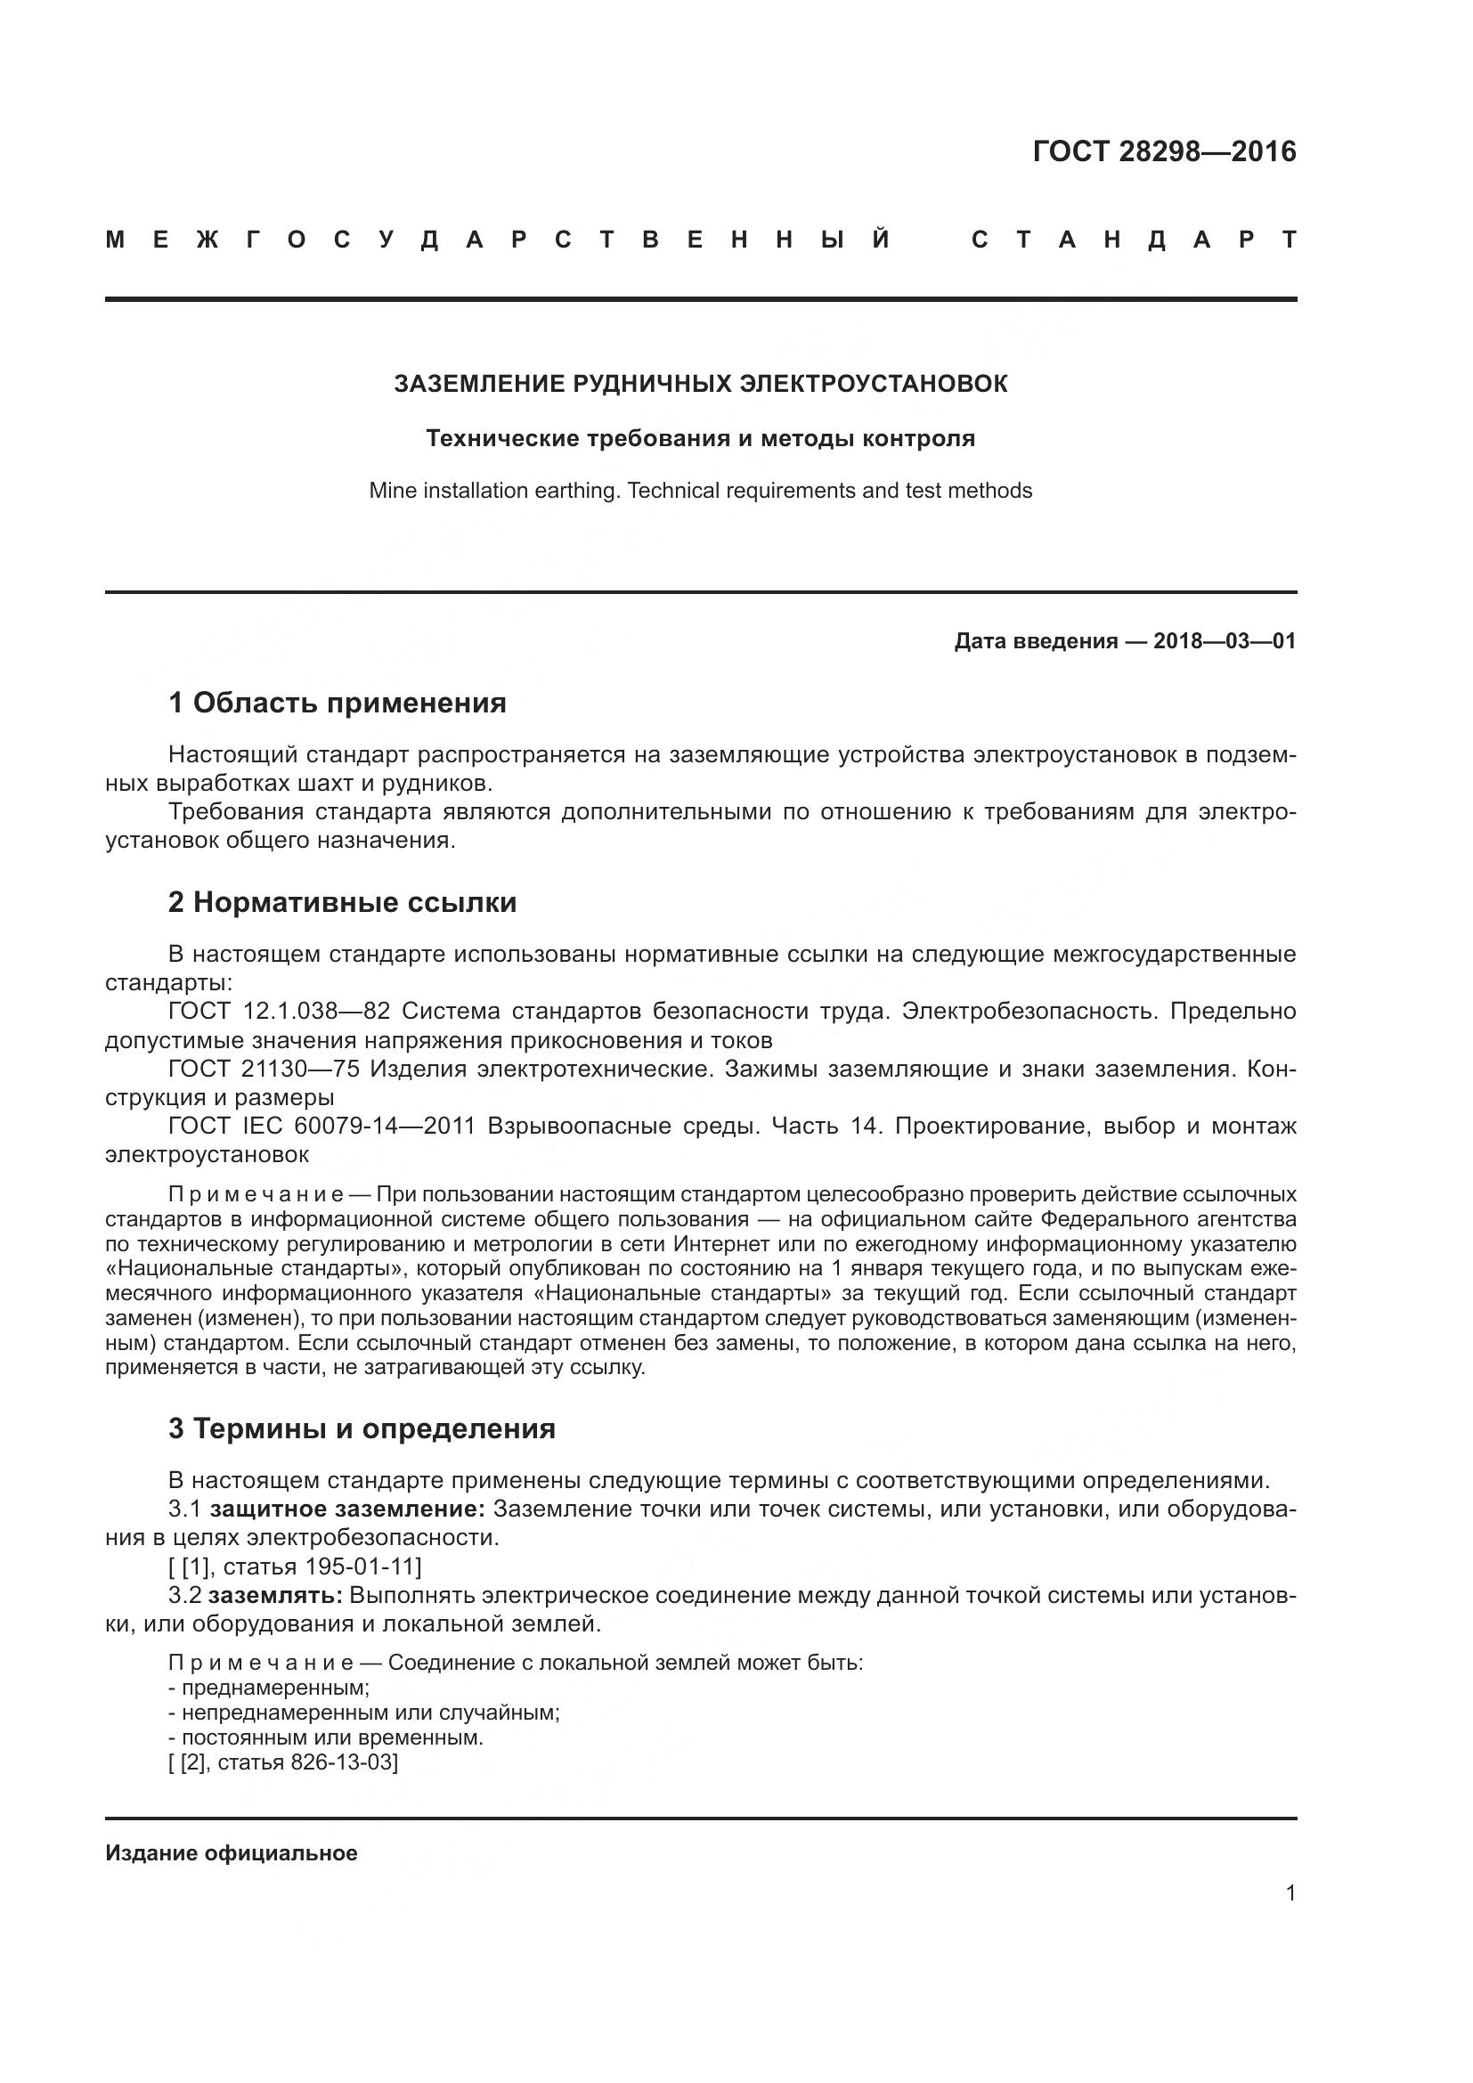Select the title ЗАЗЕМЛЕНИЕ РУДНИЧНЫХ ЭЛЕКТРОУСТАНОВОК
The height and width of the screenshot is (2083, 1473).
click(x=700, y=384)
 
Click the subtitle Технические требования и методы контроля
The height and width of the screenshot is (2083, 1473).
click(x=700, y=439)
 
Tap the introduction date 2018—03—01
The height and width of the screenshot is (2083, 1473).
click(x=1224, y=641)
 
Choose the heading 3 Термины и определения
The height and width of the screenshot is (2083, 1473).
click(x=361, y=1428)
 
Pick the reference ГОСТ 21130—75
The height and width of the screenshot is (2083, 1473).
click(x=264, y=1069)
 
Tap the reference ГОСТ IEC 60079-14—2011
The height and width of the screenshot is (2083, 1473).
click(x=321, y=1126)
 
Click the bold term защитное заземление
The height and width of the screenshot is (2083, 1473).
click(x=347, y=1509)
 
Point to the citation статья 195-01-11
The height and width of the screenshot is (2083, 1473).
click(x=322, y=1566)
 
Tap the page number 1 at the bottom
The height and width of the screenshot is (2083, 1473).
click(x=1290, y=1892)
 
